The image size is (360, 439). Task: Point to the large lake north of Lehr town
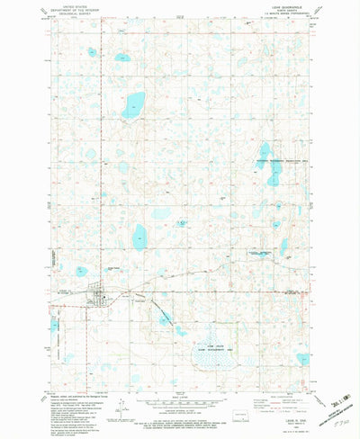[x=140, y=237]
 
